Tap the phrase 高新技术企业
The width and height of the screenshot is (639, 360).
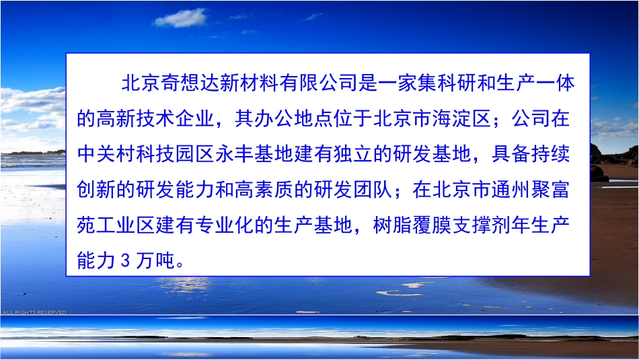click(154, 119)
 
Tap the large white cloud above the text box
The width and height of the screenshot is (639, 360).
click(180, 18)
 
